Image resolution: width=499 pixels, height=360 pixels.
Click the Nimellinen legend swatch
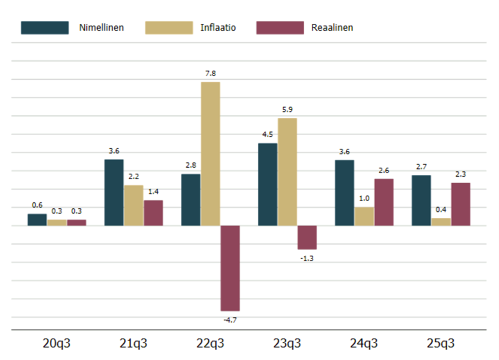[x=45, y=27]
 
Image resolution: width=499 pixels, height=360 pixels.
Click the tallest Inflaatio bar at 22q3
[x=210, y=154]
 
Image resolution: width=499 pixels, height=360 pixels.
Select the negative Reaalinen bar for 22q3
[x=230, y=268]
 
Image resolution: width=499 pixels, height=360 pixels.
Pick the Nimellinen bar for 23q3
[x=267, y=184]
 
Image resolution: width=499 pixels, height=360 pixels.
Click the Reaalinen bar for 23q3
[x=307, y=237]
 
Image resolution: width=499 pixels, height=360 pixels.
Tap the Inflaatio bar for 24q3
[x=364, y=217]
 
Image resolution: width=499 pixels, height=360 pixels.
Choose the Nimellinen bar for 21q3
[x=114, y=192]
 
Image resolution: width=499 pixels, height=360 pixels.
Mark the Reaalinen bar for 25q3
[x=460, y=204]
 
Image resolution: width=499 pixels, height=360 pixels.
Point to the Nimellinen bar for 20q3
[x=37, y=220]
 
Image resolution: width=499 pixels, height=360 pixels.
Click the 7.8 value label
[x=210, y=73]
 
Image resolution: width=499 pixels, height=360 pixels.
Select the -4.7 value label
[x=229, y=320]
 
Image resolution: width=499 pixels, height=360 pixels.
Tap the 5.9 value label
[x=287, y=109]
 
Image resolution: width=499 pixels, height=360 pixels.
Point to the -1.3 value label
[x=307, y=258]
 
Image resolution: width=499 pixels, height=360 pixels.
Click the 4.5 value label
[x=267, y=134]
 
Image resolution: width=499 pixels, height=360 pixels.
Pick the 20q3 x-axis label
[x=57, y=343]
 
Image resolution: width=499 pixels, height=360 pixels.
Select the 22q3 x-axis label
[x=210, y=343]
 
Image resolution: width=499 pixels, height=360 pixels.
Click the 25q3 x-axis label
[x=441, y=343]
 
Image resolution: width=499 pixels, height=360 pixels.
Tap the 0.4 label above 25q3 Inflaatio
[x=441, y=209]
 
